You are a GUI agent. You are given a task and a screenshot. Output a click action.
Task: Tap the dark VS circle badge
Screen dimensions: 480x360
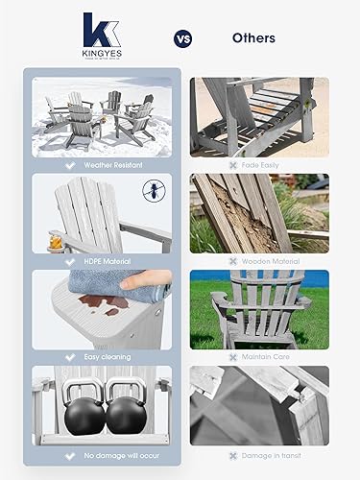(181, 39)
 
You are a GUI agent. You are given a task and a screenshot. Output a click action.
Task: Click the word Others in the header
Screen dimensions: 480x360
(253, 38)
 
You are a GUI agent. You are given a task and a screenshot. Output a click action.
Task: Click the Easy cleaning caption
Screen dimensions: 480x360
(100, 356)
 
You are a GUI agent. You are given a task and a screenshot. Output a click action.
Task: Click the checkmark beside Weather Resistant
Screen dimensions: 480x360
(67, 163)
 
